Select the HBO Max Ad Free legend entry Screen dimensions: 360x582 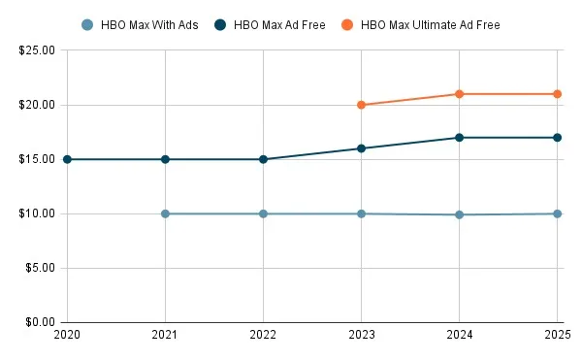pos(280,24)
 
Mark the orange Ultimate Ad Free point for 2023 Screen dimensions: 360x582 pos(362,105)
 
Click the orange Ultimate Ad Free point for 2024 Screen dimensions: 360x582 pos(460,94)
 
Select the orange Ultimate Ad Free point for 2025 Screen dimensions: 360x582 pos(558,94)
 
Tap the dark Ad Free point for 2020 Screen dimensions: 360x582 pos(67,159)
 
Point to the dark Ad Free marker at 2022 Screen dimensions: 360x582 pos(263,159)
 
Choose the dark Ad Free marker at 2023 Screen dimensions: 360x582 pos(362,148)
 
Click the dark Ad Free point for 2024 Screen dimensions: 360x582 pos(460,138)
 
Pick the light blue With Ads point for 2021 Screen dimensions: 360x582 pos(165,213)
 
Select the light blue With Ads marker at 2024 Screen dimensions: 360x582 pos(460,214)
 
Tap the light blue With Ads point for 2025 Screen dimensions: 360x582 pos(558,213)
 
